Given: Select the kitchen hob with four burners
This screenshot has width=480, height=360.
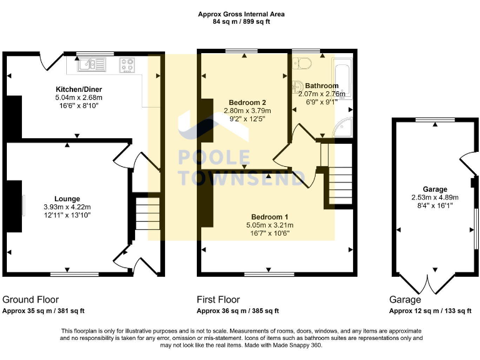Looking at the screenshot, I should [128, 63].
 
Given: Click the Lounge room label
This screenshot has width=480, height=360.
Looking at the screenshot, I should [66, 199].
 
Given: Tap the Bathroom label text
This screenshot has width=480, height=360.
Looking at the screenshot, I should [322, 86].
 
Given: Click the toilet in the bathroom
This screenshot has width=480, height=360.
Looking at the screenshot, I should [305, 62].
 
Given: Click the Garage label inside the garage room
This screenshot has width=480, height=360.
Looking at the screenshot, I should [434, 189].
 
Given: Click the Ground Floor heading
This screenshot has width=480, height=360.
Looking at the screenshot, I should [31, 300].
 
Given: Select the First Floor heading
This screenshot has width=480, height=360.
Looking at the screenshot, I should [218, 300].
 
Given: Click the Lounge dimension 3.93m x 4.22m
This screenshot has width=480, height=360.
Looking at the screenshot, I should [67, 207].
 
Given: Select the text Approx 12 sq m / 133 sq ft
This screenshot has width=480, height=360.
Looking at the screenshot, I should [427, 311].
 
